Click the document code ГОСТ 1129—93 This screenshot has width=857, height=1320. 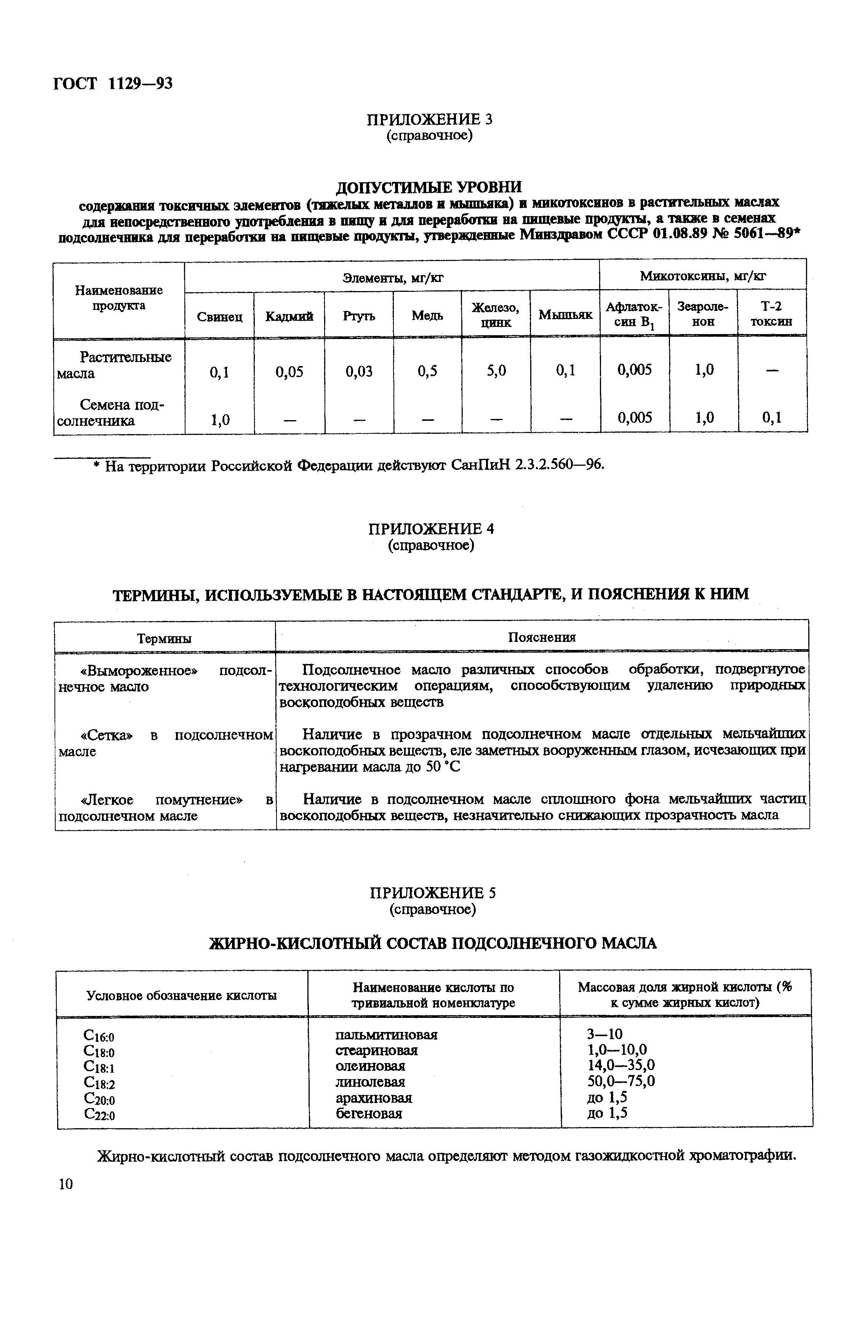[x=113, y=83]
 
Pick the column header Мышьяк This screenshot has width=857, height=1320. [x=565, y=315]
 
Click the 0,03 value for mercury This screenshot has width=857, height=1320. [x=358, y=371]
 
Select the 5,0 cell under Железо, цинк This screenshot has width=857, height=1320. [x=496, y=370]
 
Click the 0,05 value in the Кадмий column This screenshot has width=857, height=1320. [x=289, y=371]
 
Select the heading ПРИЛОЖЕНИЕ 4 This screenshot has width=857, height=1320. [x=431, y=529]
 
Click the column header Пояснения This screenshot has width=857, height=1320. [x=542, y=637]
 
